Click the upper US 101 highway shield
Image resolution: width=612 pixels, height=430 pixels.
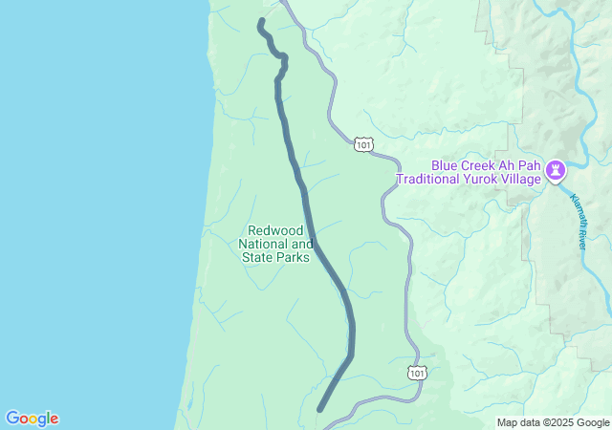[362, 144]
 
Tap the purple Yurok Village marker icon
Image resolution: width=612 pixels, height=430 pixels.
[556, 170]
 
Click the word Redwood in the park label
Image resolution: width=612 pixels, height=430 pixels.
[275, 230]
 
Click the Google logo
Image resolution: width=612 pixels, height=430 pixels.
[32, 419]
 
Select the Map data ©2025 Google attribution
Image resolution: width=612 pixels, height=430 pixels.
[553, 422]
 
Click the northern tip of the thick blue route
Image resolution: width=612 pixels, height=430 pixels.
[261, 21]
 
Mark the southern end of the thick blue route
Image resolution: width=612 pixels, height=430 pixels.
[320, 409]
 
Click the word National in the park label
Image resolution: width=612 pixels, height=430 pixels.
[262, 244]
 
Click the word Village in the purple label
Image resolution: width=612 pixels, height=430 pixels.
[520, 178]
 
